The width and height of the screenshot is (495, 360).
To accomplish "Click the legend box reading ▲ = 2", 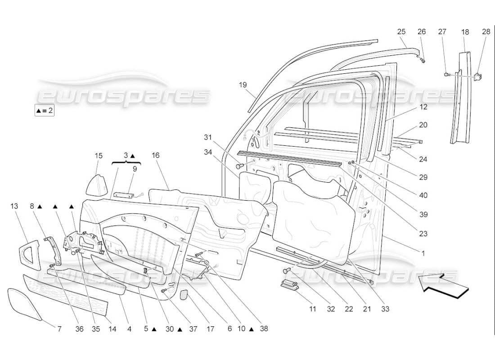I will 44,110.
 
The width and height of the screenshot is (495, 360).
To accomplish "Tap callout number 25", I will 401,31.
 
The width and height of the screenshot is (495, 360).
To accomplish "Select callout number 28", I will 486,31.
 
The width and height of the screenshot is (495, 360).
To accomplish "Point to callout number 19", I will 243,85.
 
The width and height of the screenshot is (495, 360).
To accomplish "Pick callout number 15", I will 99,156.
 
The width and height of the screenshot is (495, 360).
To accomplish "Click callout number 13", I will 14,206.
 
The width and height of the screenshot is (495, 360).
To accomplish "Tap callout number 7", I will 59,329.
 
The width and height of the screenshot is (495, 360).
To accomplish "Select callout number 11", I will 313,309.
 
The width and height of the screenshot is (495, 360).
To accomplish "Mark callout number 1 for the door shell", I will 423,253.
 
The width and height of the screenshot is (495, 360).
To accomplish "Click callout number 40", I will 423,195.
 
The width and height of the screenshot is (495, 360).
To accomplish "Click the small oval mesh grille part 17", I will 184,295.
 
